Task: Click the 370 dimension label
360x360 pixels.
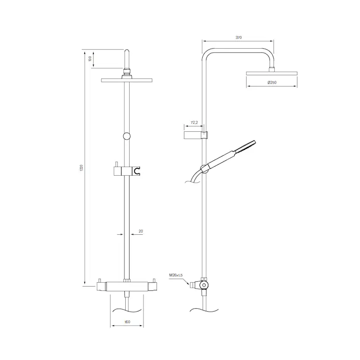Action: pyautogui.click(x=239, y=37)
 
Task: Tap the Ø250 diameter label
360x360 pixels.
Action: pyautogui.click(x=272, y=83)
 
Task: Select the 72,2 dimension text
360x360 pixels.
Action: pyautogui.click(x=194, y=123)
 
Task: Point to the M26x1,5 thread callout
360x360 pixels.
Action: pyautogui.click(x=176, y=275)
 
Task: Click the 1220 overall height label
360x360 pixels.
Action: pyautogui.click(x=81, y=168)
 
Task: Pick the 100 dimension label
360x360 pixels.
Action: pyautogui.click(x=90, y=59)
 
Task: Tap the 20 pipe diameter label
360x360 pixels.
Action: pyautogui.click(x=141, y=231)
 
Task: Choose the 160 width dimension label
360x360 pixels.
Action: pyautogui.click(x=127, y=322)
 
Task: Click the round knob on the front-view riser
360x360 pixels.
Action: pyautogui.click(x=127, y=136)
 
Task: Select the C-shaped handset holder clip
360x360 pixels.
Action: pyautogui.click(x=137, y=171)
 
